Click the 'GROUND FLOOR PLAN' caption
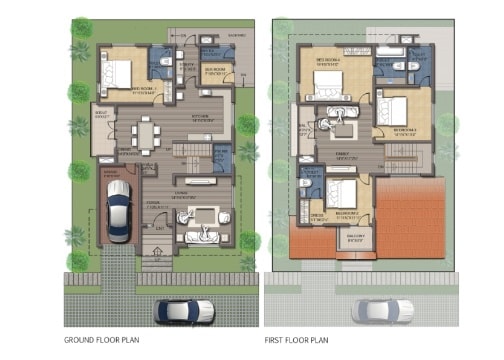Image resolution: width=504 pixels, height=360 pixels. click(101, 340)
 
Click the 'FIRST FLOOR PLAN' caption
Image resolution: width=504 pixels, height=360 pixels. click(298, 340)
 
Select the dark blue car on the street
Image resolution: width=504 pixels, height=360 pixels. click(184, 311)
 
